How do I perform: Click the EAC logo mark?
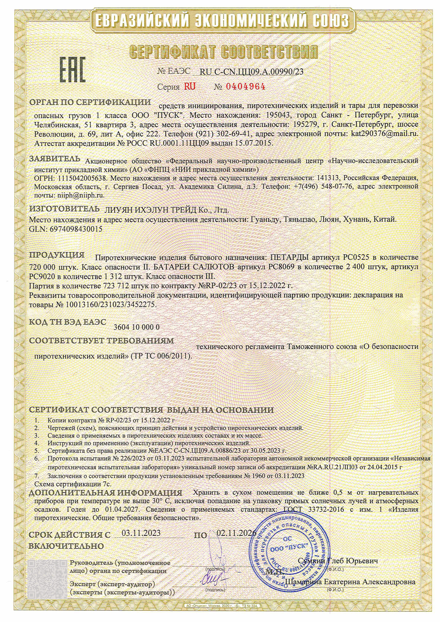pyautogui.click(x=72, y=70)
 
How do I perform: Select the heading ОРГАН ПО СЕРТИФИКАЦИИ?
pyautogui.click(x=90, y=102)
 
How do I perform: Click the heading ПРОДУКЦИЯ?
pyautogui.click(x=57, y=255)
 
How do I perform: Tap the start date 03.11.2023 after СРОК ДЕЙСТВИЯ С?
pyautogui.click(x=141, y=533)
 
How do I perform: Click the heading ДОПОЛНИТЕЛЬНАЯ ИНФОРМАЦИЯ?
pyautogui.click(x=105, y=493)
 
